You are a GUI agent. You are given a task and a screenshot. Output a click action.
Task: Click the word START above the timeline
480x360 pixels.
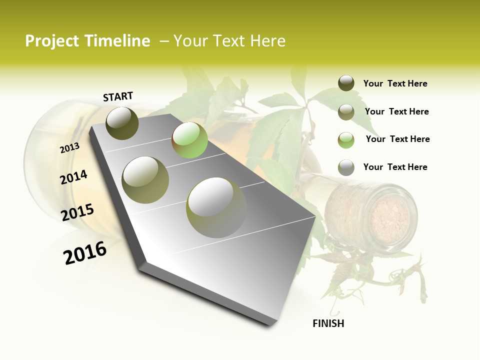pyautogui.click(x=118, y=96)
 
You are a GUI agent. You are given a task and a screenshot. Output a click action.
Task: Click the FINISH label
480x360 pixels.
pyautogui.click(x=328, y=323)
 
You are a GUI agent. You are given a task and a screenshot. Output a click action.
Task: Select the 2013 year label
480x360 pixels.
pyautogui.click(x=69, y=148)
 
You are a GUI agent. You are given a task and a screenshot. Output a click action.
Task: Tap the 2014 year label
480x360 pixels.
pyautogui.click(x=73, y=177)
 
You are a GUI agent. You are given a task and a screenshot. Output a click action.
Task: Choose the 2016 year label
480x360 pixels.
pyautogui.click(x=85, y=253)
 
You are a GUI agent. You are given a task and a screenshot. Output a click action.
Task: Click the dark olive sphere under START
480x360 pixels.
pyautogui.click(x=122, y=123)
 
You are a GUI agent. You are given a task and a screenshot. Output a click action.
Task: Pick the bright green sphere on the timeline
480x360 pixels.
pyautogui.click(x=189, y=140)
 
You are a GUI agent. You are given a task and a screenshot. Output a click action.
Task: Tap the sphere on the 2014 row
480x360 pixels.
pyautogui.click(x=145, y=179)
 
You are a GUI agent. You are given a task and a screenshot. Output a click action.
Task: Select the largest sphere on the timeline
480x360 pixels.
pyautogui.click(x=216, y=207)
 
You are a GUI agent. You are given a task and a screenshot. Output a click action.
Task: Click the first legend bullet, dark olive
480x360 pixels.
pyautogui.click(x=346, y=83)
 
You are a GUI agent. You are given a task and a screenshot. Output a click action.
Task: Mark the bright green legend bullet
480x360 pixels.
pyautogui.click(x=346, y=140)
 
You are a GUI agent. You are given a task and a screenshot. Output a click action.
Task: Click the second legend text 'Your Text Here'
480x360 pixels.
pyautogui.click(x=396, y=111)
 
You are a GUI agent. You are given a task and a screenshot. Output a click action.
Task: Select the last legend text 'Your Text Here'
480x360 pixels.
pyautogui.click(x=395, y=167)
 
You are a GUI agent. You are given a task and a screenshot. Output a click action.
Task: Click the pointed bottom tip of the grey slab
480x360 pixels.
pyautogui.click(x=270, y=323)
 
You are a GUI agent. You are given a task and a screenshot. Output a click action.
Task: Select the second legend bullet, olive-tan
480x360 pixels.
pyautogui.click(x=346, y=112)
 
